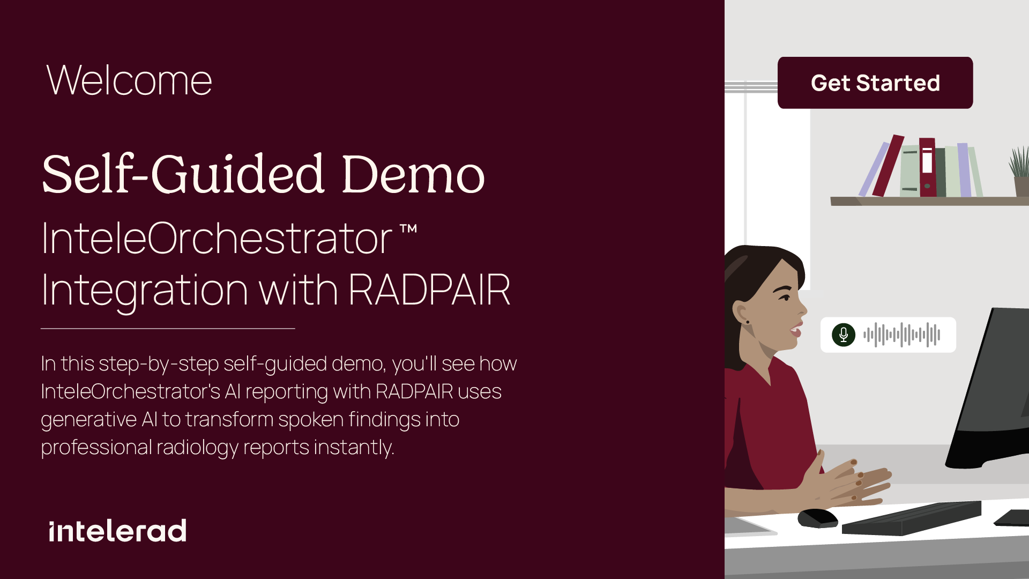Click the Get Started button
click(x=875, y=83)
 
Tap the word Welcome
click(x=129, y=80)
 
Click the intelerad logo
click(x=117, y=531)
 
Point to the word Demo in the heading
click(x=413, y=174)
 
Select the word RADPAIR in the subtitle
click(x=429, y=290)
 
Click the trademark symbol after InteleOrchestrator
click(x=408, y=229)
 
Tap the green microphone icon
click(x=844, y=335)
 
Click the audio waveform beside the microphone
click(x=901, y=335)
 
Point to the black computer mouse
click(x=818, y=518)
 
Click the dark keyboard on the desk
click(x=912, y=518)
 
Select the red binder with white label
click(x=928, y=167)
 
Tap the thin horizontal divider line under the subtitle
click(x=168, y=328)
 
